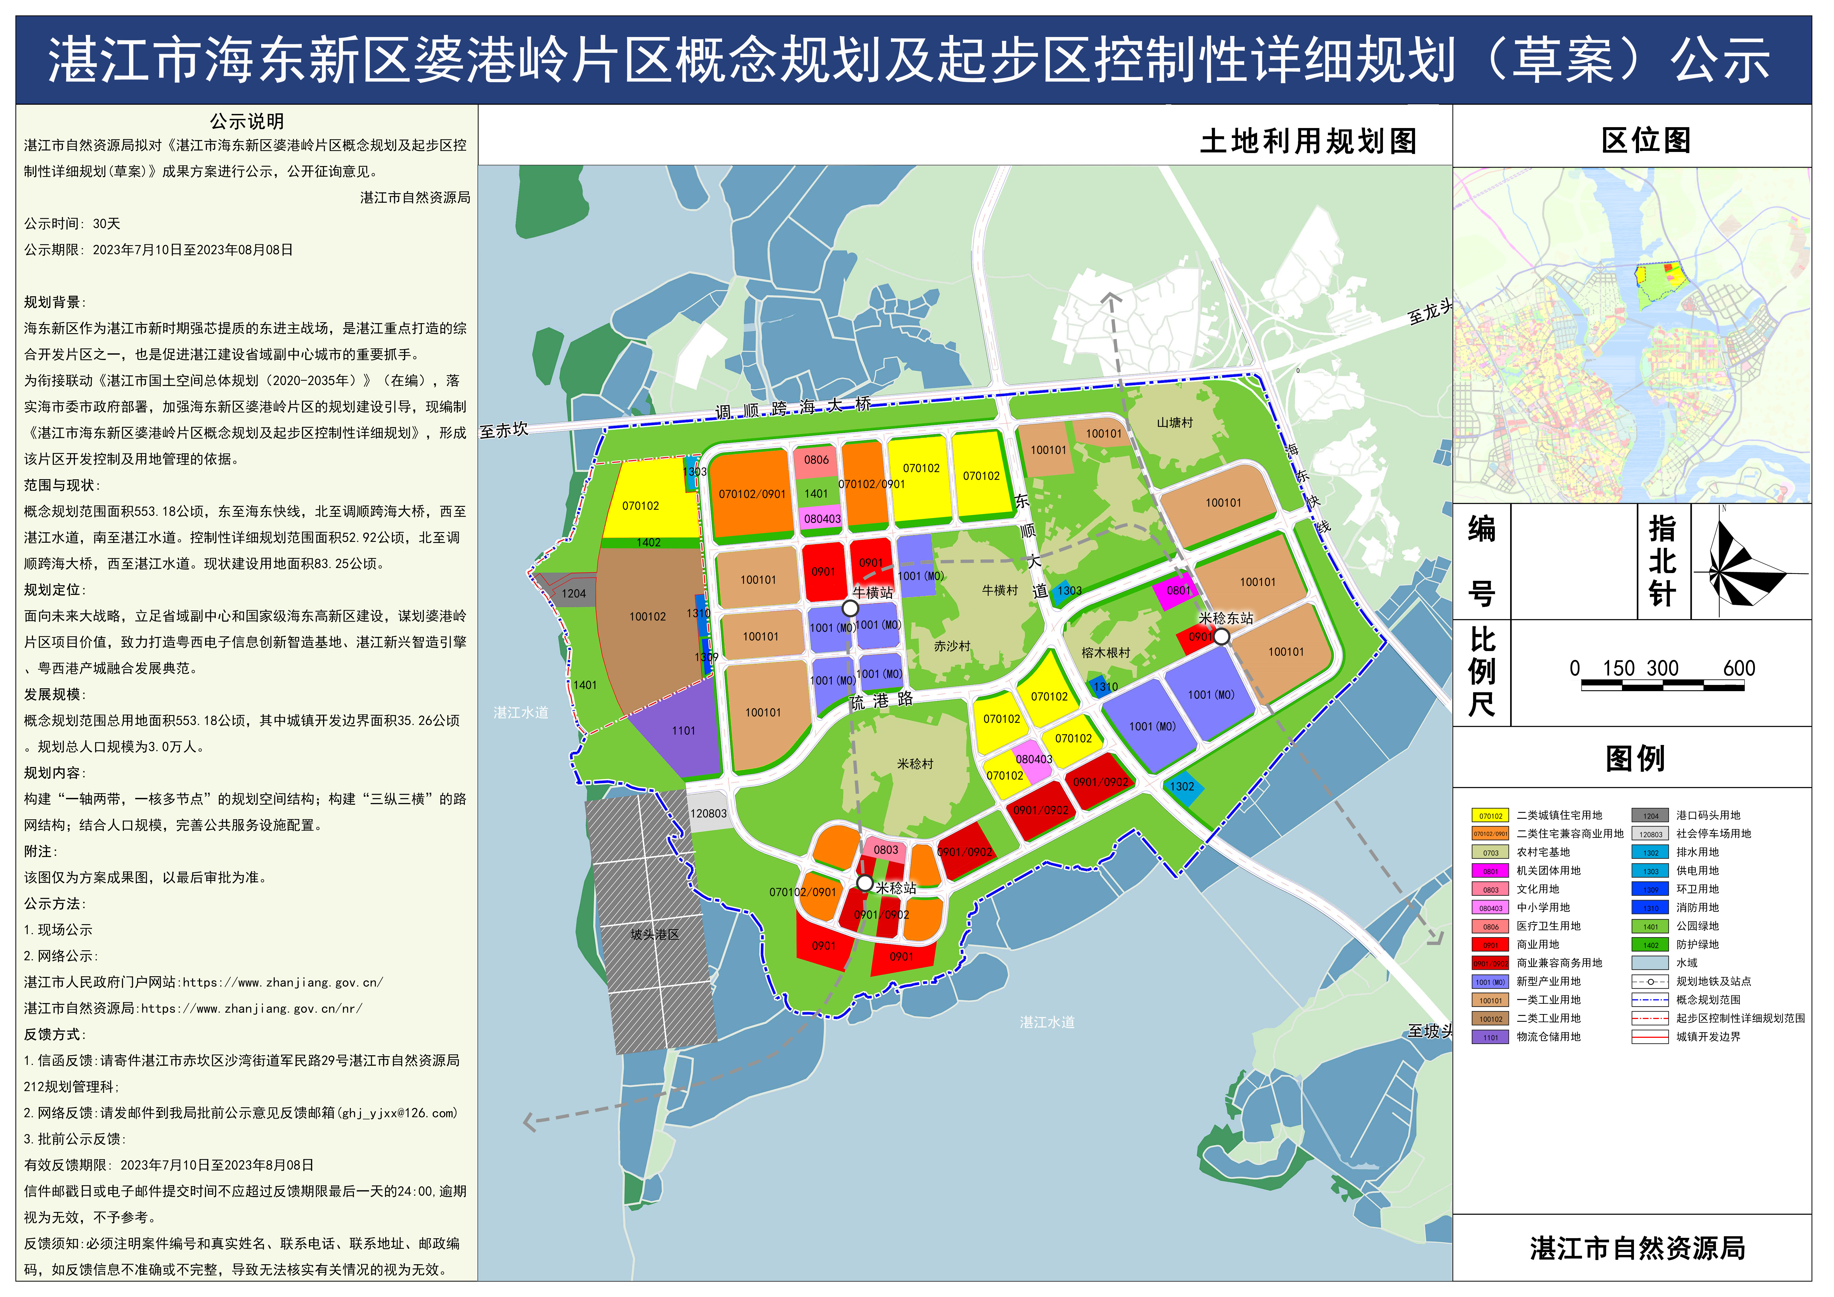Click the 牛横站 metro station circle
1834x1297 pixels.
point(851,609)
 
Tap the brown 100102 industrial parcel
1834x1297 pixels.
point(648,616)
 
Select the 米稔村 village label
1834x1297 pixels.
point(915,764)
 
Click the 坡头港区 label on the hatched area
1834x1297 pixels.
point(655,934)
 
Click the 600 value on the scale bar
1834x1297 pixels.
point(1739,669)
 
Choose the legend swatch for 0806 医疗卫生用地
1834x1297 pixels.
point(1491,926)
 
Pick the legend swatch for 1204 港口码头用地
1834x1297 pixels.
point(1650,815)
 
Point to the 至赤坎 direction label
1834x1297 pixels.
point(504,430)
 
